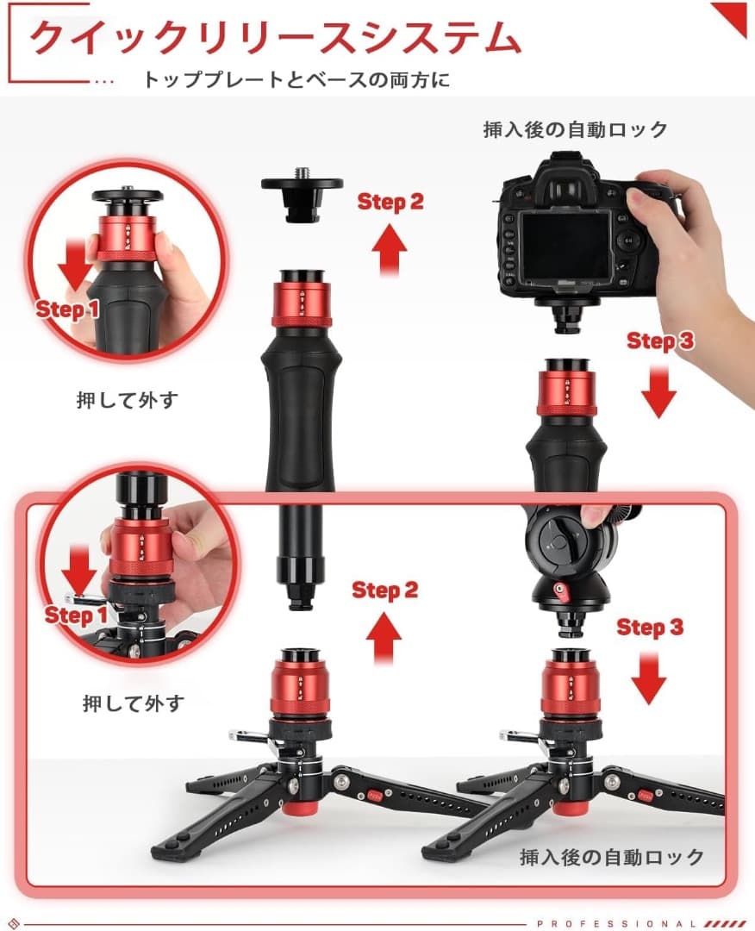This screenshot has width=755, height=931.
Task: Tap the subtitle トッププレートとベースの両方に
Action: tap(296, 81)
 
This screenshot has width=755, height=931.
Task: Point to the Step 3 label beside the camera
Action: tap(660, 341)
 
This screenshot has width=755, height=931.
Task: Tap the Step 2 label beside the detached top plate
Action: tap(390, 203)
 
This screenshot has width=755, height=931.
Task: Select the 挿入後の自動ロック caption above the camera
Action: tap(575, 130)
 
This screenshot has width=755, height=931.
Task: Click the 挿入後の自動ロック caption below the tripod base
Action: tap(612, 857)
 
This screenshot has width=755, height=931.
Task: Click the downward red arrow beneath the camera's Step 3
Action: tap(659, 389)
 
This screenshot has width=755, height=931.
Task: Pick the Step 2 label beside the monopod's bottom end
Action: tap(384, 590)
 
